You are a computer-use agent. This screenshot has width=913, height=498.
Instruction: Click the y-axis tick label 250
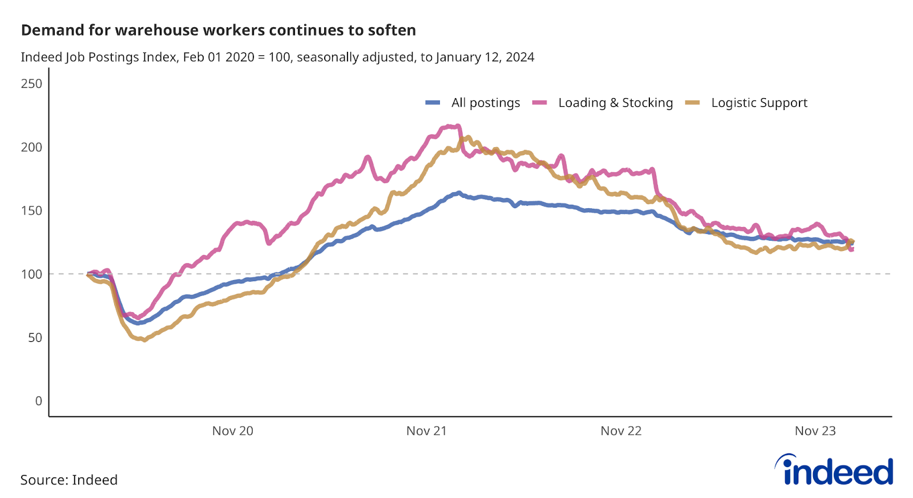coord(31,84)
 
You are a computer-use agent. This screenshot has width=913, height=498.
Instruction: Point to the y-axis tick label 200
coord(31,147)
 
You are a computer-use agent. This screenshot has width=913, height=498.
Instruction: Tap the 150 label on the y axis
coord(31,210)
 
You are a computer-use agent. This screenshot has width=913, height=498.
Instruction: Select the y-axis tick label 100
coord(31,274)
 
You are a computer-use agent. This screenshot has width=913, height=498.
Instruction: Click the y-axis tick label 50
coord(35,337)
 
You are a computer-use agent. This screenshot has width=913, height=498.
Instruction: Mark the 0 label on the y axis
coord(38,401)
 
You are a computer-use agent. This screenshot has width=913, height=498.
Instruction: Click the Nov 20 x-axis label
coord(232,431)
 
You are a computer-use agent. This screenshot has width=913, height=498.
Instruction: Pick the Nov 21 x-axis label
coord(426,431)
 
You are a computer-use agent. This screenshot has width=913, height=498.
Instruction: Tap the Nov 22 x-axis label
coord(621,431)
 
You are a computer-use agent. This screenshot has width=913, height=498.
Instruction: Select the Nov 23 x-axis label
coord(815,431)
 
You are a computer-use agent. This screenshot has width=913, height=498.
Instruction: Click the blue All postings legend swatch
coord(433,103)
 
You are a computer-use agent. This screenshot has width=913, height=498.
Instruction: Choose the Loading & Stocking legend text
coord(615,103)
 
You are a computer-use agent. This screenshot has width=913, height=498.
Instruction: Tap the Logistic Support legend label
coord(759,103)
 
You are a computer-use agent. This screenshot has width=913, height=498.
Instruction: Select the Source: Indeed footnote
coord(69,480)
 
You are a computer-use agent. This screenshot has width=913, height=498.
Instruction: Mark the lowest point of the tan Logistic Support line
coord(144,339)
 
